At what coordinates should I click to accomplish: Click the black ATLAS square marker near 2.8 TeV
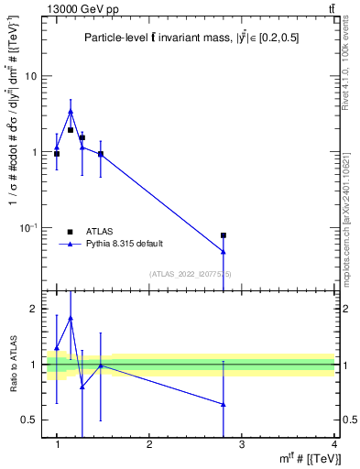224,235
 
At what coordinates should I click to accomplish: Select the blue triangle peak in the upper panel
71,112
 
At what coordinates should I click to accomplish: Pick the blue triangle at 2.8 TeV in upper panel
224,251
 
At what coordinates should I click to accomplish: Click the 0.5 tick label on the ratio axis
30,420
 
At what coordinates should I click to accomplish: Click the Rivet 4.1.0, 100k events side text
352,64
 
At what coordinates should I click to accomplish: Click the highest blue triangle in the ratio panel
71,318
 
